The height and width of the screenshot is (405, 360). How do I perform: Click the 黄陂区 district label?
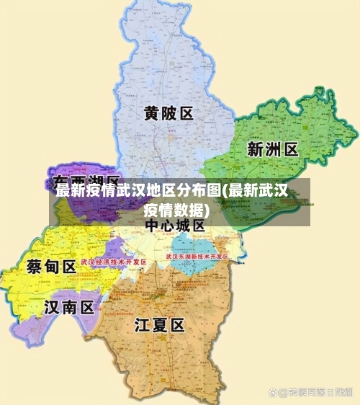click(168, 114)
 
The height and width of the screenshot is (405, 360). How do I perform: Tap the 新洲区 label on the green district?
click(272, 150)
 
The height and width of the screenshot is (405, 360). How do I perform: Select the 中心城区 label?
click(175, 226)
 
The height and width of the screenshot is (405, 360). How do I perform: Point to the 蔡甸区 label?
click(51, 267)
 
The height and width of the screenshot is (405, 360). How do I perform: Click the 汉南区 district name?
click(69, 308)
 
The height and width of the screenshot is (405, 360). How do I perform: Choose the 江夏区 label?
click(160, 325)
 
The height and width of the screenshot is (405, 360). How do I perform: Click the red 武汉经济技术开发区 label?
click(114, 262)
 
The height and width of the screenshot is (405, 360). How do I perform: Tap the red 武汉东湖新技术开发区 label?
click(197, 257)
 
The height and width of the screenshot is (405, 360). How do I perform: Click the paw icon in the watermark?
click(274, 392)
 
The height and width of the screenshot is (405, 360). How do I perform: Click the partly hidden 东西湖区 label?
click(86, 180)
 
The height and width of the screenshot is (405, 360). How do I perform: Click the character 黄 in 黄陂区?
click(151, 114)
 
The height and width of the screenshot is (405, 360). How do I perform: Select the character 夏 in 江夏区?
click(160, 325)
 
